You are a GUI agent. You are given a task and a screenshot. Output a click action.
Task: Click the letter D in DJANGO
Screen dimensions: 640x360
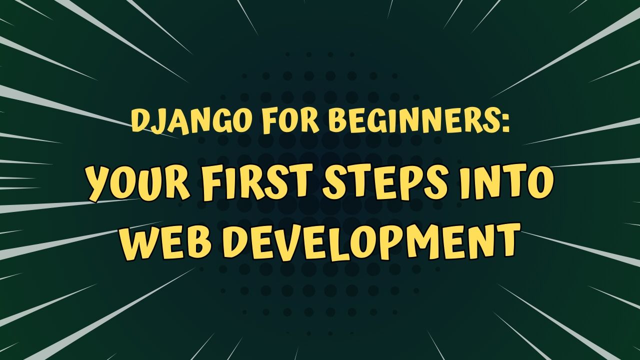click(x=139, y=121)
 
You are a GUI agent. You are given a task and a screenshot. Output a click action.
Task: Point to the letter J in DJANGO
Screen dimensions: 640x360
click(x=156, y=122)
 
